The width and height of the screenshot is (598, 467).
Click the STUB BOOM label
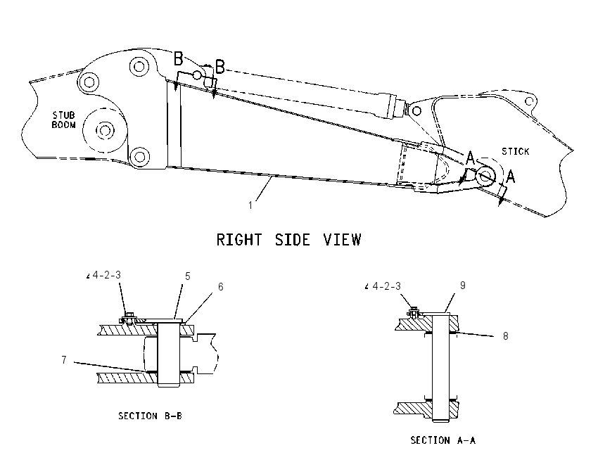coord(64,120)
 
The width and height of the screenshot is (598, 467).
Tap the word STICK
coord(515,151)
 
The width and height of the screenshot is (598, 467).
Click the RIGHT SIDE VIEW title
coord(288,240)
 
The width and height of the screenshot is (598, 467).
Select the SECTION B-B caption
coord(150,416)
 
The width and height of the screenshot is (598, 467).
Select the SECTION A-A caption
coord(443,440)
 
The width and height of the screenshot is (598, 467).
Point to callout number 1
coord(250,205)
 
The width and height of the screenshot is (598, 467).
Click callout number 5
coord(187,276)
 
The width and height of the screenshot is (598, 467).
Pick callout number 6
coord(220,287)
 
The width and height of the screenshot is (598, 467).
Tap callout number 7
coord(64,360)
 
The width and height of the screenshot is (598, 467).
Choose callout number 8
coord(505,336)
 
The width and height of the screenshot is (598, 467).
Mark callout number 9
coord(463,286)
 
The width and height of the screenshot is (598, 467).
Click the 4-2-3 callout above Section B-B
coord(106,275)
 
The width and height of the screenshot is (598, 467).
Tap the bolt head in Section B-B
coord(129,316)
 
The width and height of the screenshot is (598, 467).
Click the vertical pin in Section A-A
coord(441,367)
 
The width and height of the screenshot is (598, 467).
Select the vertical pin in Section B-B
coord(168,353)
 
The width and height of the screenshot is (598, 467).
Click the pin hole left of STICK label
coord(485,176)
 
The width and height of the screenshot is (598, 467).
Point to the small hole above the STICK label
coord(529,101)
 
